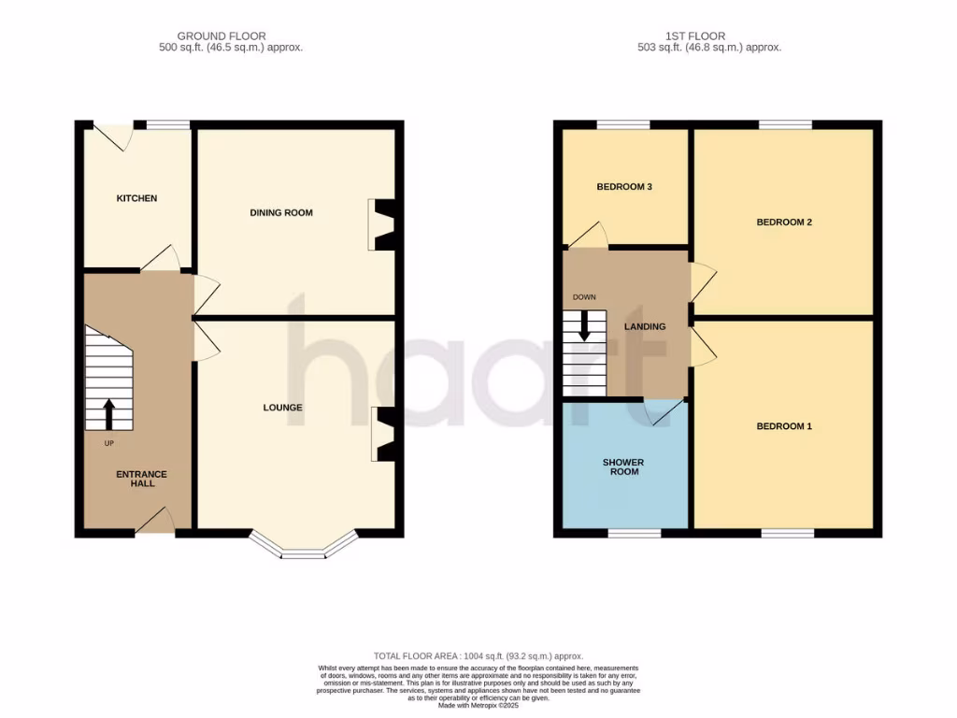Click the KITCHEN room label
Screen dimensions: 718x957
[x=136, y=198]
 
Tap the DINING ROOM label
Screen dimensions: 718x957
[x=280, y=213]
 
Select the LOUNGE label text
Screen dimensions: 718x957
[x=282, y=408]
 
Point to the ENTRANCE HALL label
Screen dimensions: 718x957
[x=141, y=479]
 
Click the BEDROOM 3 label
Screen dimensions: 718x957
[x=623, y=187]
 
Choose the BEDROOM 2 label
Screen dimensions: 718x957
[x=783, y=223]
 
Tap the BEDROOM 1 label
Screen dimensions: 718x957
[x=783, y=426]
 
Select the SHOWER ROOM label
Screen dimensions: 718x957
[x=623, y=467]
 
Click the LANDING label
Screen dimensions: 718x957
[x=645, y=326]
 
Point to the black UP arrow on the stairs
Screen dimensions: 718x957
[x=108, y=413]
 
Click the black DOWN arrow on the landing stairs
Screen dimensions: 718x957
[x=585, y=324]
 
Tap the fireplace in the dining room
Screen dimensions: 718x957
[x=384, y=224]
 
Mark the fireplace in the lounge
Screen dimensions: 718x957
[x=384, y=435]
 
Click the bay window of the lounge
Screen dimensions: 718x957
[x=303, y=549]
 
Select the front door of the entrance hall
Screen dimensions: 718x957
[x=155, y=522]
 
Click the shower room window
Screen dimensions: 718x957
[x=634, y=533]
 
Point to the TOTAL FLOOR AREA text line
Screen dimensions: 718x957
[x=478, y=656]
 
